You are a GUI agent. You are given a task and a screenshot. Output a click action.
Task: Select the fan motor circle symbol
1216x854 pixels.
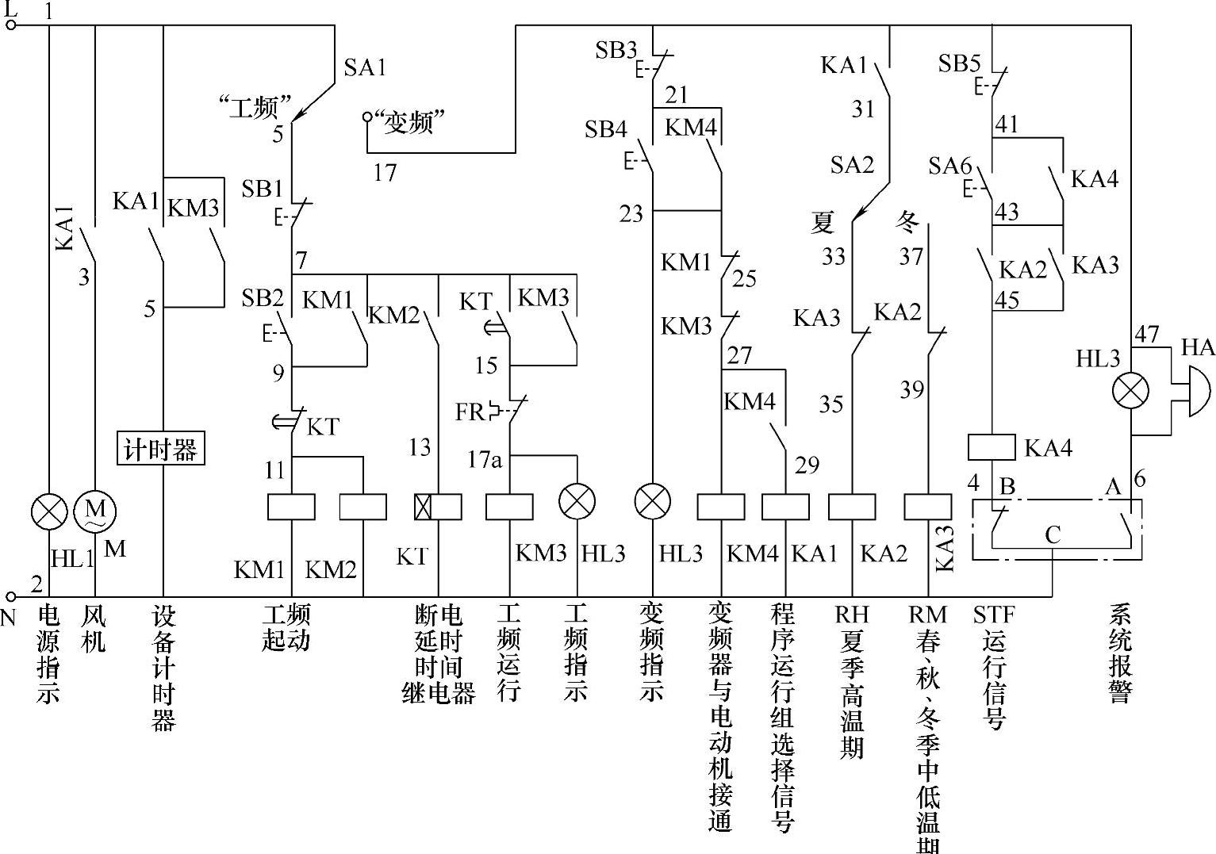coord(95,511)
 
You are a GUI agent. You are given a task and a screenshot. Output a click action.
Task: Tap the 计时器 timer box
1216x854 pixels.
coord(160,449)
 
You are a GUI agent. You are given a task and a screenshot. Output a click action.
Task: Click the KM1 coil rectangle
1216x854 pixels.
coord(291,507)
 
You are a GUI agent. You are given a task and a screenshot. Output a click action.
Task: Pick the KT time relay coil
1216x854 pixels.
coord(438,507)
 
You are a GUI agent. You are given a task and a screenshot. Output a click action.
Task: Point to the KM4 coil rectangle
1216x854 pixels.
coord(721,507)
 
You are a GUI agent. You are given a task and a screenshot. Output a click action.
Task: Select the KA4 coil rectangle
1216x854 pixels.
coord(992,447)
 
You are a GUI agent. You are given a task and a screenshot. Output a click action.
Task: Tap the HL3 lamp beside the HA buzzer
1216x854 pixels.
coord(1130,392)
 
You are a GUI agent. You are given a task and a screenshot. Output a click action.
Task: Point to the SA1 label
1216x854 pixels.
coord(365,68)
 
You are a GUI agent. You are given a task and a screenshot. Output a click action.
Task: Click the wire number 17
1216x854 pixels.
coord(385,172)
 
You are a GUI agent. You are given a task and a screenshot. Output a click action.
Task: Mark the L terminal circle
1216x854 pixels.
coord(11,25)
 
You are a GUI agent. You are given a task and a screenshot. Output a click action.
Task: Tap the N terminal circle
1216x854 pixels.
coord(11,596)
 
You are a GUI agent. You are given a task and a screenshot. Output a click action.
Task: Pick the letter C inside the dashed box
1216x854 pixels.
coord(1053,535)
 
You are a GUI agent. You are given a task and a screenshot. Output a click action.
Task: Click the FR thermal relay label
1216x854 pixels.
coord(470,412)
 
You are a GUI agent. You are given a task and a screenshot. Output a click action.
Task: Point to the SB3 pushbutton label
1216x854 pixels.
coord(616,51)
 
